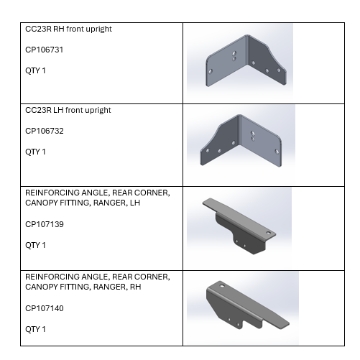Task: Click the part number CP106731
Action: (44, 50)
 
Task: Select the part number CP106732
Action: (44, 131)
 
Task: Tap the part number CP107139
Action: (44, 224)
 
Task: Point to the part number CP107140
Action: (44, 308)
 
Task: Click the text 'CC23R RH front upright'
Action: (69, 29)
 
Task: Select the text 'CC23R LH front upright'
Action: (68, 110)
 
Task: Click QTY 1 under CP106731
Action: (35, 71)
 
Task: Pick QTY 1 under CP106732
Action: (35, 152)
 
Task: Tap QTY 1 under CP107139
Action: (35, 245)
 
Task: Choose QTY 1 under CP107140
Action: (35, 329)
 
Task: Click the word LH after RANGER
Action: (135, 203)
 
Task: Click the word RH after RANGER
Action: (136, 287)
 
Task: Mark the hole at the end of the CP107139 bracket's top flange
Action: (269, 232)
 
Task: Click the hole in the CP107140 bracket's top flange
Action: (222, 286)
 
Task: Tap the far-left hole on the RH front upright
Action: (210, 71)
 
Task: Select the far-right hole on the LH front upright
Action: (277, 151)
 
